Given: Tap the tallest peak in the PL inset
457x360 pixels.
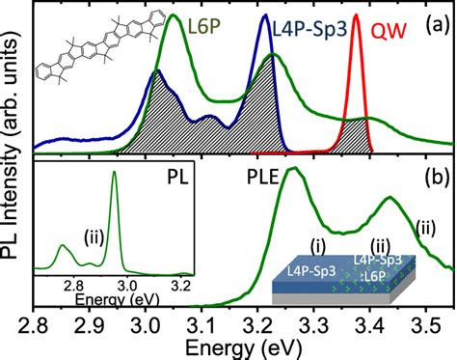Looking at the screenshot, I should click(x=115, y=173).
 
